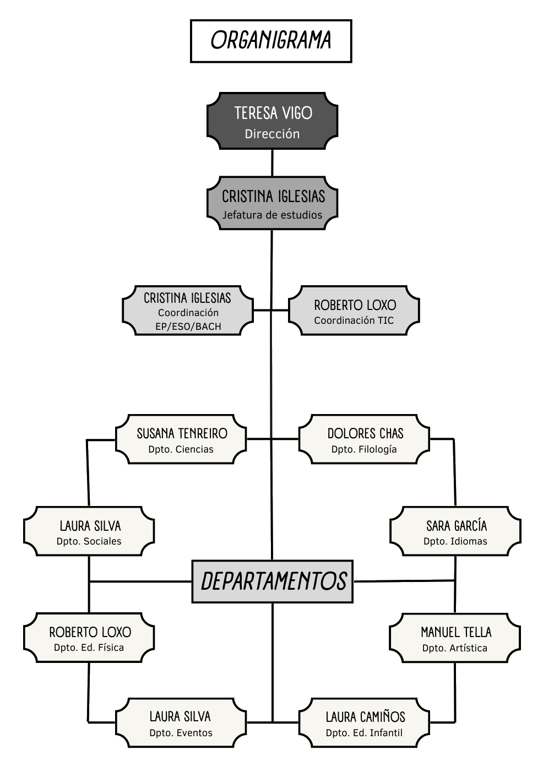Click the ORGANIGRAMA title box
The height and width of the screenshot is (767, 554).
coord(271,41)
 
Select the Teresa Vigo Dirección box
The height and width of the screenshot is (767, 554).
coord(272,121)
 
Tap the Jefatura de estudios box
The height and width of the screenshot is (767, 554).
coord(272,203)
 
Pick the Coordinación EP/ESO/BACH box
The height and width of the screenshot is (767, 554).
coord(188,311)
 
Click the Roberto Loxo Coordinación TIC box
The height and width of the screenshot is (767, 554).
coord(354,311)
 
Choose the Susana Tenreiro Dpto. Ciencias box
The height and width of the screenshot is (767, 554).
coord(181,439)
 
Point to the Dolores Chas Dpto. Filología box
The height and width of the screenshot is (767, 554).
coord(364,439)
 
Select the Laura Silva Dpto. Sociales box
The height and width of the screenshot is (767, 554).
coord(89,531)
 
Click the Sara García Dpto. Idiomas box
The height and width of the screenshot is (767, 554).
coord(455,531)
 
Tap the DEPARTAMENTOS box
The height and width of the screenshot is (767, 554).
coord(272,581)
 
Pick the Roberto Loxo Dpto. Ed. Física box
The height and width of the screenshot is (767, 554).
coord(89,638)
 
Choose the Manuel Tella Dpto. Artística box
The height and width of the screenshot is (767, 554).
coord(455,638)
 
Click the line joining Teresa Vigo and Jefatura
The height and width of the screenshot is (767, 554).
coord(272,163)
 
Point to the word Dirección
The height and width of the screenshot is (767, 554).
coord(272,134)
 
